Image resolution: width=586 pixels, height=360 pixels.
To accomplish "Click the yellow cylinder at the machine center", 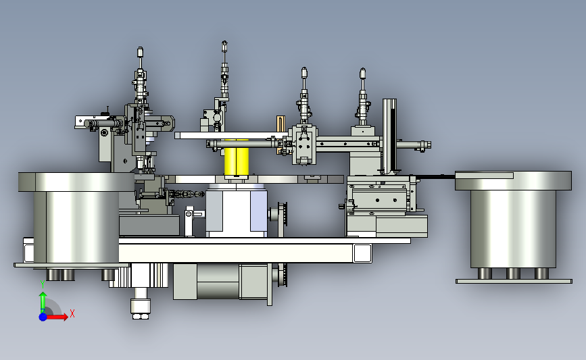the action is [236, 161].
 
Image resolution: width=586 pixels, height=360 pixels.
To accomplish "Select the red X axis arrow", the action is [56, 317].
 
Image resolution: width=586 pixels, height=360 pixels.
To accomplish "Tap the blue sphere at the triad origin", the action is [43, 317].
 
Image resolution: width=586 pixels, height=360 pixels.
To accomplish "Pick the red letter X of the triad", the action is [72, 313].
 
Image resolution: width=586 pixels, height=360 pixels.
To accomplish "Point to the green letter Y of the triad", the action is [43, 285].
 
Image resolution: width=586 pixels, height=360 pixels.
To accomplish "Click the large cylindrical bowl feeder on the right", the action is [513, 220].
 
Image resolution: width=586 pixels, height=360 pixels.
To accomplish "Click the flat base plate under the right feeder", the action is [514, 281].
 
